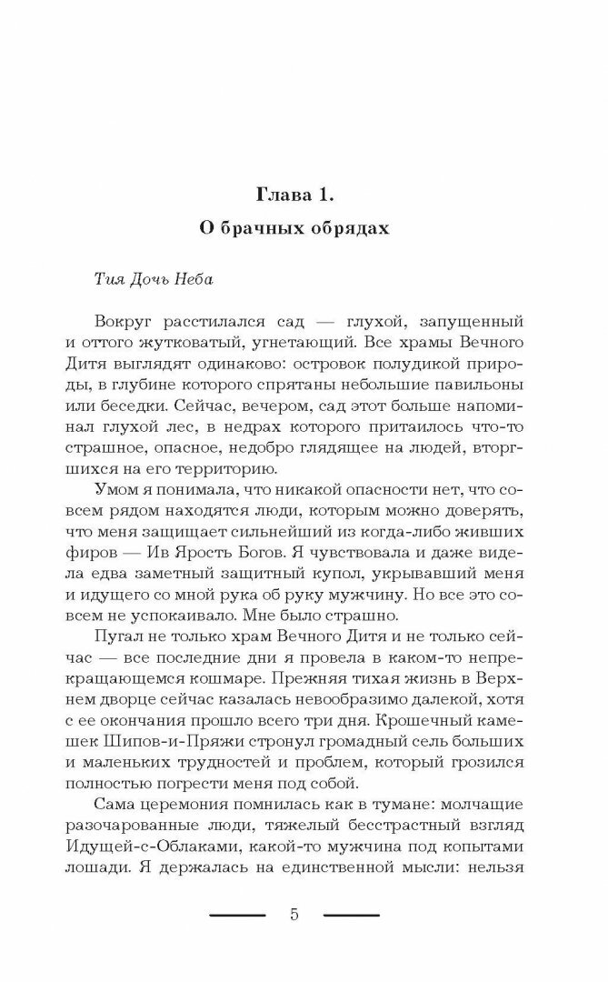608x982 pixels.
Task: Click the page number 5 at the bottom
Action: pos(294,915)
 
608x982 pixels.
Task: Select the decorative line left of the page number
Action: pos(237,915)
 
